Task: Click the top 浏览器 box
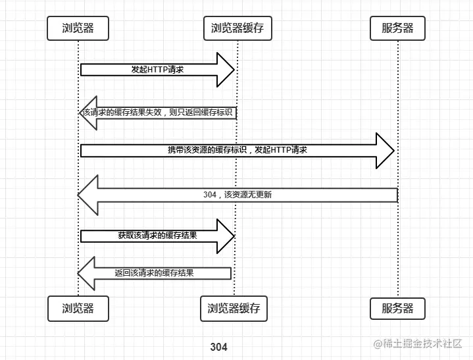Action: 78,28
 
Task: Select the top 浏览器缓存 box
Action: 237,28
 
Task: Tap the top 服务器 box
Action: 398,28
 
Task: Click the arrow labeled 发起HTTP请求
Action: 157,70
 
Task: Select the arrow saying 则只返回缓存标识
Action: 158,113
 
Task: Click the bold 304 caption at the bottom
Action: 218,347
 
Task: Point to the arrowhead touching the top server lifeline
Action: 384,151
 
